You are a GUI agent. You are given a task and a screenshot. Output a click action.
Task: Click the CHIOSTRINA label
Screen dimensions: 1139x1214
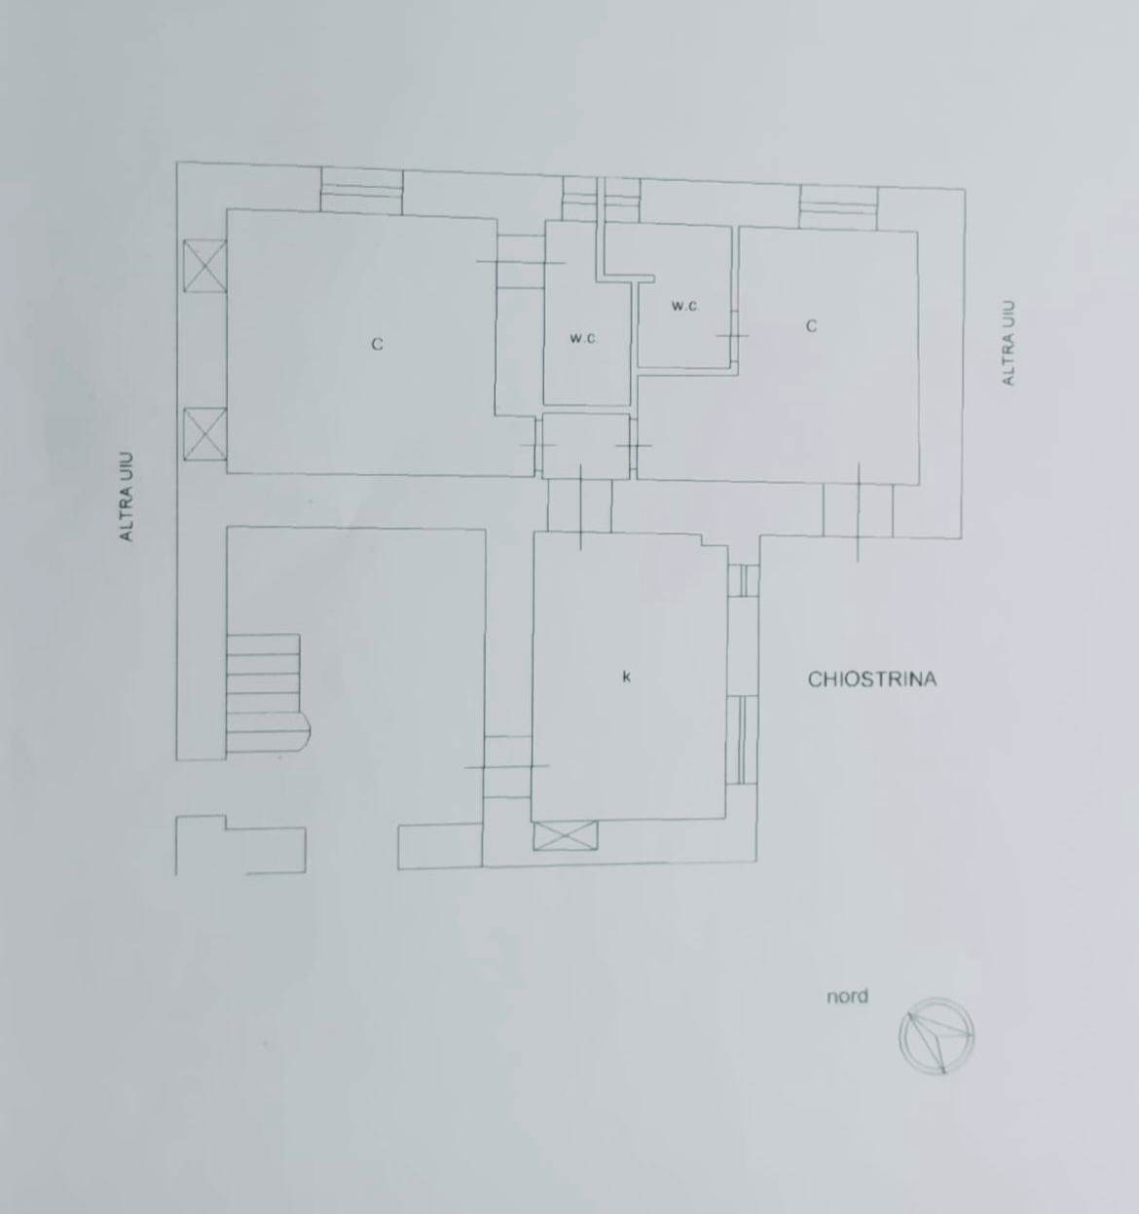tap(872, 680)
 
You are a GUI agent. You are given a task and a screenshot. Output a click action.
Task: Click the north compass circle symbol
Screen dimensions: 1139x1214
tap(936, 1036)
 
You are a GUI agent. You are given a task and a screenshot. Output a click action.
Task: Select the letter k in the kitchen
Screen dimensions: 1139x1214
tap(626, 677)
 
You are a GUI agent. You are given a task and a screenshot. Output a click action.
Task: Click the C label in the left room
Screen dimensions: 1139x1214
tap(377, 345)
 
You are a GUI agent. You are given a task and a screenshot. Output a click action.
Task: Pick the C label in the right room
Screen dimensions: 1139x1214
tap(811, 326)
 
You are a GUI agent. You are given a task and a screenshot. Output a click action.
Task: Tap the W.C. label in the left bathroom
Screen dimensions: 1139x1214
tap(584, 338)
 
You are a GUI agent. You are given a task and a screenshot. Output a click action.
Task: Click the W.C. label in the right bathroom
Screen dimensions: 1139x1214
tap(685, 307)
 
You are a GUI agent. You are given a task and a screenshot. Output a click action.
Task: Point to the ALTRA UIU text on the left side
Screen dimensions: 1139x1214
tap(127, 497)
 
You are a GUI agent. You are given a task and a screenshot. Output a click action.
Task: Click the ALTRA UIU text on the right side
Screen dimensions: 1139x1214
tap(1009, 343)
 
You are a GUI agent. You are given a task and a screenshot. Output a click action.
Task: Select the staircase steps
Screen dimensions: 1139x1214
tap(268, 693)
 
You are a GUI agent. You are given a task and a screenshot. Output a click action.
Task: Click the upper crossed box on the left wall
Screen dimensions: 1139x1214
tap(204, 266)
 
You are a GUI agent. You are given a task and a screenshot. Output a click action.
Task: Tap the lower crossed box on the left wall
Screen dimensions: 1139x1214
tap(204, 434)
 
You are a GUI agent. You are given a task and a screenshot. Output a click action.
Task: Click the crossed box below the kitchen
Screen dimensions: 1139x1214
tap(565, 835)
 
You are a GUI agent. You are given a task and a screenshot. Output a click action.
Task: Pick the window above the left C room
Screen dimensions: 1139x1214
tap(362, 192)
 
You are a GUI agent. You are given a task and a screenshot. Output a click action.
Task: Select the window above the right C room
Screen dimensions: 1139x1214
tap(839, 207)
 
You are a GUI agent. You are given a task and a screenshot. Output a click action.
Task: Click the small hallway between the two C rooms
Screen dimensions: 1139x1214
tap(586, 446)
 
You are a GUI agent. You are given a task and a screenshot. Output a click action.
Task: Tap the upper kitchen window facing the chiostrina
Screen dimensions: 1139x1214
tap(744, 581)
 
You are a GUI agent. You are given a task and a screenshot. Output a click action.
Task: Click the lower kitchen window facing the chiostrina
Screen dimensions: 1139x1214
tap(744, 740)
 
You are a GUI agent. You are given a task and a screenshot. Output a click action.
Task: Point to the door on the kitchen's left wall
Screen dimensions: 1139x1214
tap(507, 766)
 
